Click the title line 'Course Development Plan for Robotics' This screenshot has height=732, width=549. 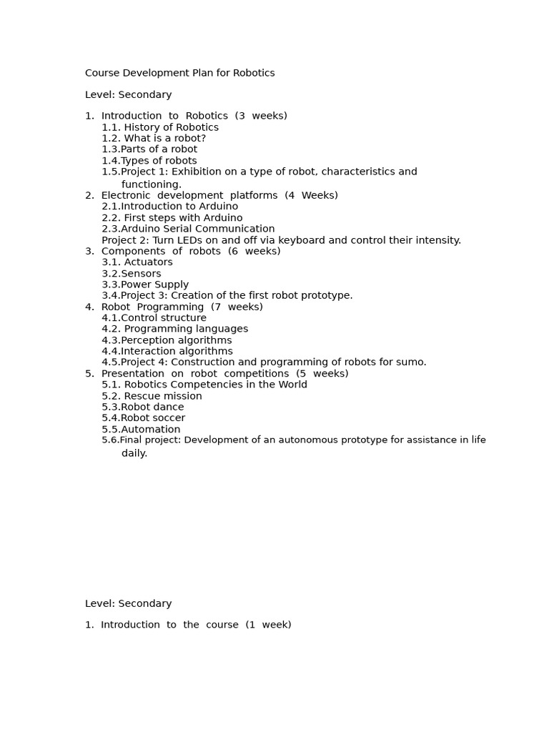pos(179,73)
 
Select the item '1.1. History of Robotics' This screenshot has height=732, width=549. pos(160,127)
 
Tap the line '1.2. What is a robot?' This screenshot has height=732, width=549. pos(154,138)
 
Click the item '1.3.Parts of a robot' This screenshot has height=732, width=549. pos(149,149)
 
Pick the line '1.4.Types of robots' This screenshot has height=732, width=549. pos(149,161)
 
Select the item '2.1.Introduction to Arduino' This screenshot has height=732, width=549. pos(169,206)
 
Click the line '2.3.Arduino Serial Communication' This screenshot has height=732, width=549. pos(188,229)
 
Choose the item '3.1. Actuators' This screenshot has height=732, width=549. pos(137,262)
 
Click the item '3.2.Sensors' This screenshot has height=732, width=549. pos(132,273)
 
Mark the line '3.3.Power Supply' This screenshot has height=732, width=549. pos(145,285)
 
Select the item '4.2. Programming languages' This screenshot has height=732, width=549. pos(175,329)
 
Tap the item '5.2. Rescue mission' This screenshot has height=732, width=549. pos(152,396)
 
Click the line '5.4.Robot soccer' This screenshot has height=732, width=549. pos(143,417)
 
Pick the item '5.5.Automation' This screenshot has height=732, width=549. pos(141,430)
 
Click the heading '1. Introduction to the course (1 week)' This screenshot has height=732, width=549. pos(188,625)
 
